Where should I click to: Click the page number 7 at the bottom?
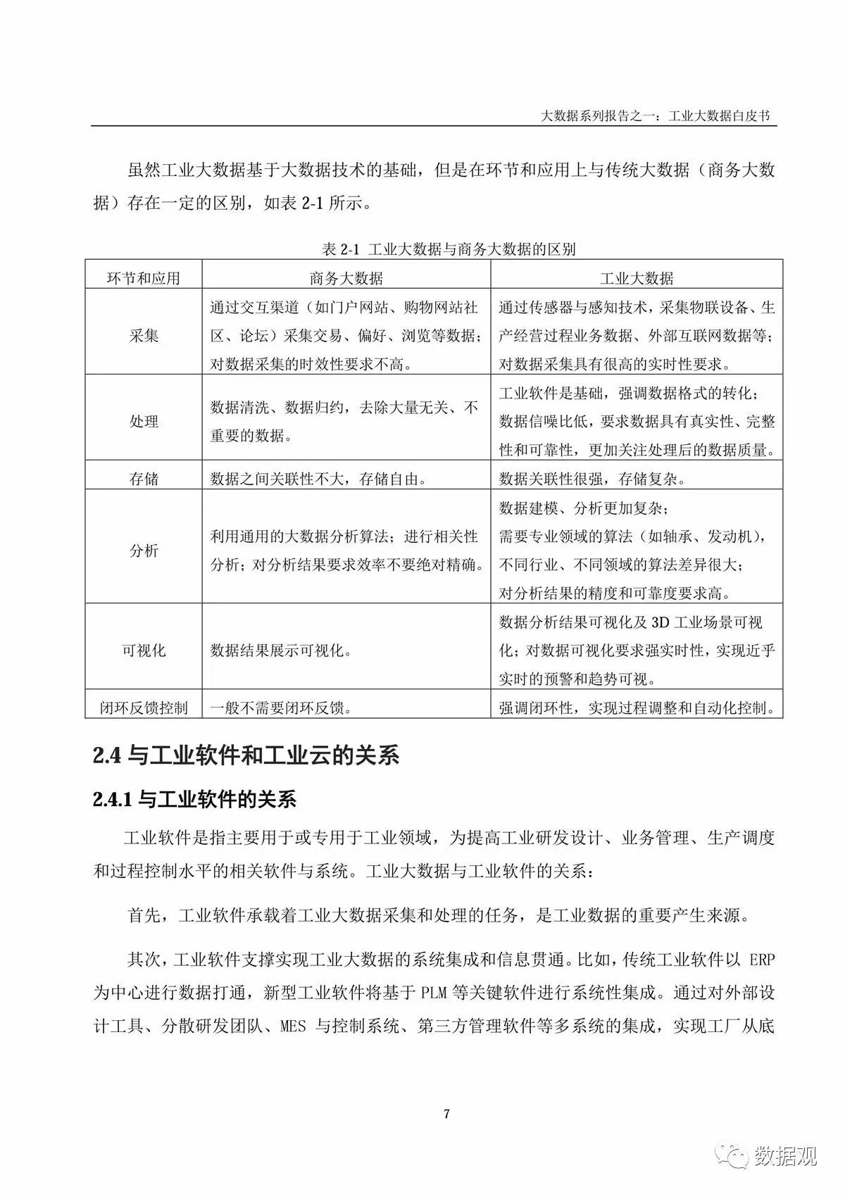click(446, 1113)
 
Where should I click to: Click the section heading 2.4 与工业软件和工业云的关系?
click(246, 755)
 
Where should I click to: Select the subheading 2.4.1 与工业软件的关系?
click(194, 799)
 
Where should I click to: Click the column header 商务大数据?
click(346, 278)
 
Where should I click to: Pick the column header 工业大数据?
click(636, 278)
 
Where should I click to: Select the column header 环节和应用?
click(144, 278)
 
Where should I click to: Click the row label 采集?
click(144, 336)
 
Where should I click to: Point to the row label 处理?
click(144, 421)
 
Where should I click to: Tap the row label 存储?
click(144, 479)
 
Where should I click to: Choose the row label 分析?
click(144, 551)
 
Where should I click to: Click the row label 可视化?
click(144, 651)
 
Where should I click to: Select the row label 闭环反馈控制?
click(144, 708)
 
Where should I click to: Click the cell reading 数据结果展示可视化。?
click(281, 651)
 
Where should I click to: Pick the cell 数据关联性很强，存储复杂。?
click(592, 479)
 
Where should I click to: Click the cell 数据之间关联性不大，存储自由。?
click(318, 479)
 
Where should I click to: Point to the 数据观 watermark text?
click(786, 1156)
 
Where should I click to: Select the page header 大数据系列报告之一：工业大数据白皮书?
click(658, 115)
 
